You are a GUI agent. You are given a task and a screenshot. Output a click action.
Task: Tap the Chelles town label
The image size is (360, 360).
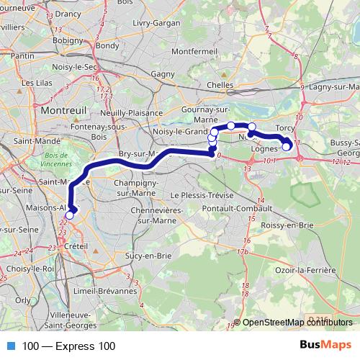click(x=220, y=85)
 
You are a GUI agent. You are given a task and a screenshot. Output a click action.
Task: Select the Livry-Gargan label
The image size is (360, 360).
click(x=157, y=24)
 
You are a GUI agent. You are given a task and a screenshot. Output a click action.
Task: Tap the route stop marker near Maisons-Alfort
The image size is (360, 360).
click(x=69, y=215)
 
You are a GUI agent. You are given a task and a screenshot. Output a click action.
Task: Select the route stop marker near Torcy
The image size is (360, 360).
click(x=286, y=147)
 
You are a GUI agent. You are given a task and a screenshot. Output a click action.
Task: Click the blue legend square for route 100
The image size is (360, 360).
click(x=9, y=346)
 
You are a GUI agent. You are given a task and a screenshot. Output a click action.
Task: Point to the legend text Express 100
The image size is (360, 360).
click(x=68, y=346)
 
